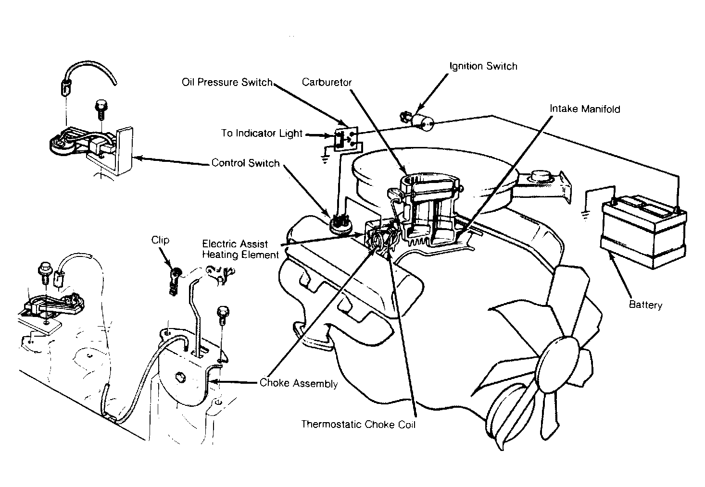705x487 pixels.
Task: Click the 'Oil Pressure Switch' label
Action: coord(227,83)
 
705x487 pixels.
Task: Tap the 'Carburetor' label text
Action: coord(327,83)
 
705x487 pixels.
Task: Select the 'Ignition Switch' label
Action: coord(483,66)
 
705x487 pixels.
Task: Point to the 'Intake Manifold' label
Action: coord(585,109)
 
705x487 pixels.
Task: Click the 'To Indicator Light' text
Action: coord(262,134)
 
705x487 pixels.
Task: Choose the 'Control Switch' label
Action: coord(245,163)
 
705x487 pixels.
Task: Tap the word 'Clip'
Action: coord(160,240)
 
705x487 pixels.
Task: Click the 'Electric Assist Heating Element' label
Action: coord(240,249)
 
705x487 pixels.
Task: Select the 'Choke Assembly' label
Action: coord(299,383)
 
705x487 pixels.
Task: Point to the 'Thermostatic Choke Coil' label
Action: coord(358,425)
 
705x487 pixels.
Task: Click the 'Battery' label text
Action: coord(645,304)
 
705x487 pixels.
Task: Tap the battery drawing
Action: coord(644,231)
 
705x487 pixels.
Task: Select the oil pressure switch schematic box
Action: coord(346,139)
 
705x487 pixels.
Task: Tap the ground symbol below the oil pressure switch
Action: coord(325,159)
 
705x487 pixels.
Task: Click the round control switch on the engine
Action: coord(341,223)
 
